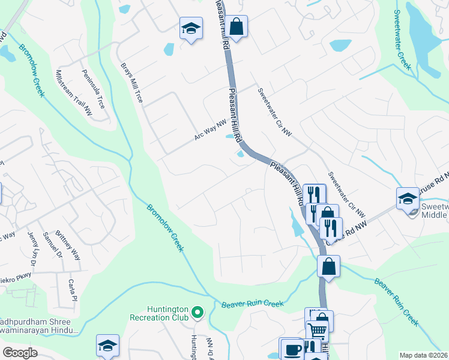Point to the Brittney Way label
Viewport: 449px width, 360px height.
tap(72, 246)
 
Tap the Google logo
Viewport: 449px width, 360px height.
tap(20, 353)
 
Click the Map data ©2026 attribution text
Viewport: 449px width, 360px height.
tap(424, 355)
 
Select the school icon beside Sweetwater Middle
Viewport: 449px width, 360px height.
tap(408, 198)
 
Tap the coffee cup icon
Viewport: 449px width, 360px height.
tap(292, 349)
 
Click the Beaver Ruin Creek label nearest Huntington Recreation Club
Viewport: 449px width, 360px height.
tap(252, 304)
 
